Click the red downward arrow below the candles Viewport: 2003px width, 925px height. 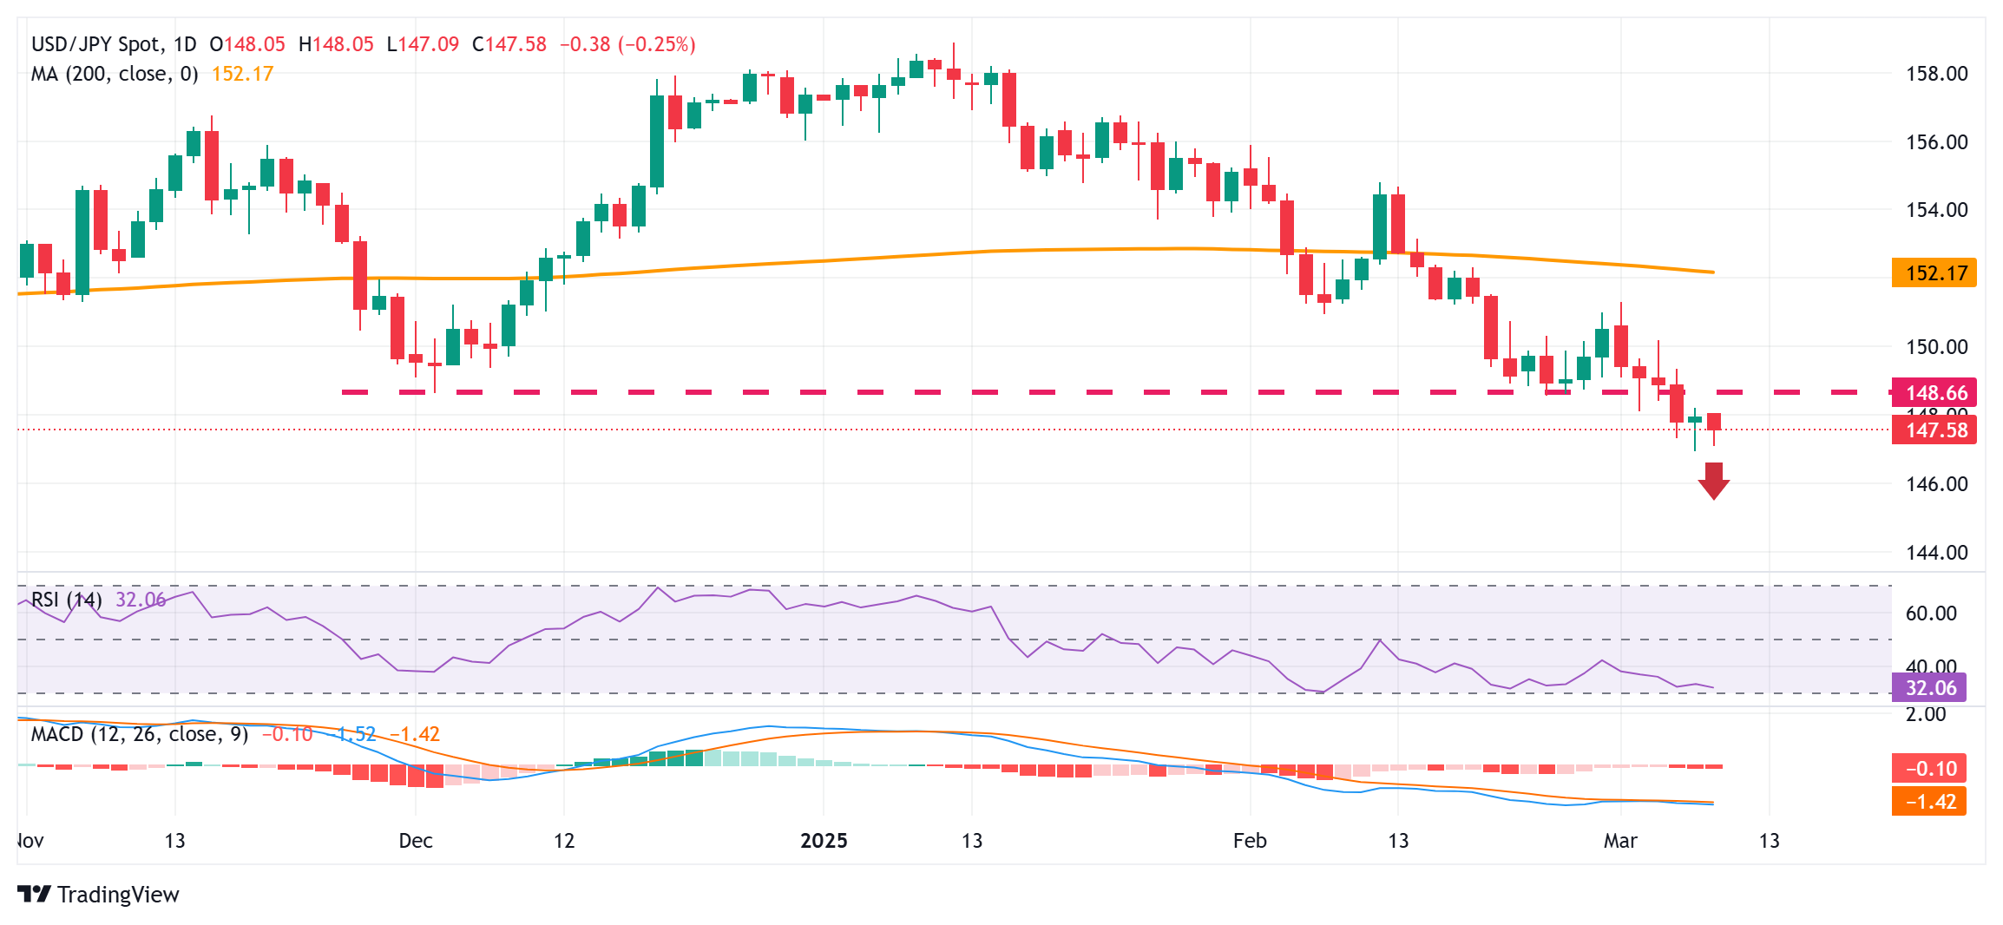1713,481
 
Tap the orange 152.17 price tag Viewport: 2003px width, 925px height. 1934,273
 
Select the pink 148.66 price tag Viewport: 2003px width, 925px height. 1934,392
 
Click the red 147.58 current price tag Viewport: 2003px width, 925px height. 1934,430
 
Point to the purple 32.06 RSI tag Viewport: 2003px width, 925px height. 1930,688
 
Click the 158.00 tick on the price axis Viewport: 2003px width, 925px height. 1936,74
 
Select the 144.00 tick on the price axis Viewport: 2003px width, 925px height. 1936,553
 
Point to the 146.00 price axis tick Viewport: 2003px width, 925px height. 1936,484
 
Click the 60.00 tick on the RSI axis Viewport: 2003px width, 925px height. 1931,613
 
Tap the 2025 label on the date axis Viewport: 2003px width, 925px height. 823,841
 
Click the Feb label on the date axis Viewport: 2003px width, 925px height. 1250,841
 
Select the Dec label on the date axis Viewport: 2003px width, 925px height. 416,841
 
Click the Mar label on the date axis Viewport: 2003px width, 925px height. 1620,841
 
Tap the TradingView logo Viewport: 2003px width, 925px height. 98,895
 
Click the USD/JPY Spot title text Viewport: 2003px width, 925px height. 95,44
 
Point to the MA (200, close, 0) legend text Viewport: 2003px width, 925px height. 115,75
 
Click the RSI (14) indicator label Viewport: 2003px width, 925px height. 67,600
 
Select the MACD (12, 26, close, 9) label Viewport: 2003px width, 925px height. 140,735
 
